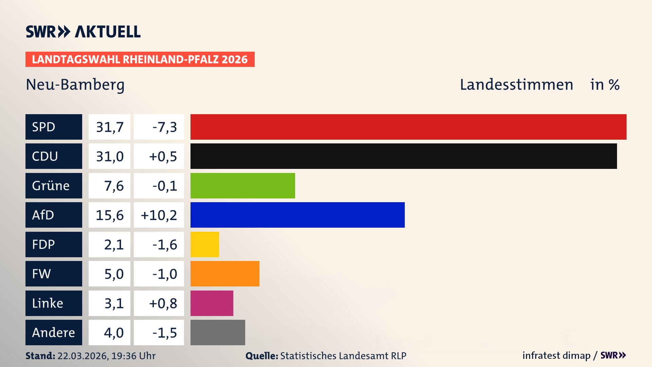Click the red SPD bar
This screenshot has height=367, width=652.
[408, 127]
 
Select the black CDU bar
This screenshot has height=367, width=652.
[403, 156]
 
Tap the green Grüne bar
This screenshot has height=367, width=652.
[242, 186]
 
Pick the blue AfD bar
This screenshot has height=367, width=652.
[297, 215]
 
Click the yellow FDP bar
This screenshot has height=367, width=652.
[204, 244]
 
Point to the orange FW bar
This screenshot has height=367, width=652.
[225, 274]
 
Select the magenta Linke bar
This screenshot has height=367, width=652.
[212, 303]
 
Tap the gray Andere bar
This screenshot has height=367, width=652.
[218, 332]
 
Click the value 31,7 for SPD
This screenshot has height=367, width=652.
[109, 127]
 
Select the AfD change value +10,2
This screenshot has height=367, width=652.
[159, 215]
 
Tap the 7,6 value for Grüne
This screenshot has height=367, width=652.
[113, 186]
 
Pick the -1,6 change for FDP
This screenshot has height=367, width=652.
[165, 245]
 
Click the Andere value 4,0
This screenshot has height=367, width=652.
[113, 333]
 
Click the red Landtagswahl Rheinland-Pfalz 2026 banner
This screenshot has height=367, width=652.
[140, 59]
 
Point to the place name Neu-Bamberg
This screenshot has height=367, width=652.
[75, 85]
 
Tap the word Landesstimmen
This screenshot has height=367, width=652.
[516, 85]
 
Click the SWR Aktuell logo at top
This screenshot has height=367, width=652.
[83, 32]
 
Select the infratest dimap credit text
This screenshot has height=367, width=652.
[556, 355]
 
